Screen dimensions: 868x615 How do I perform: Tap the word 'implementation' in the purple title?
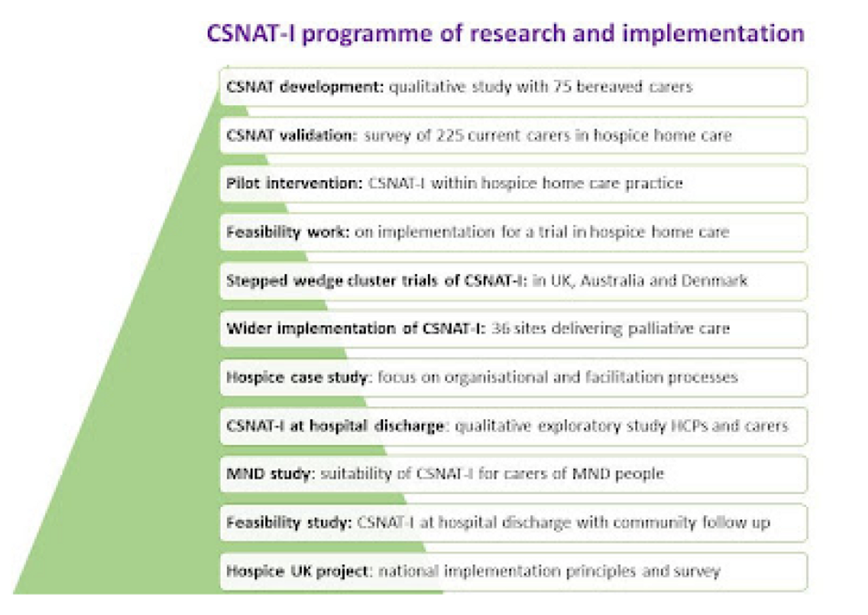coord(713,34)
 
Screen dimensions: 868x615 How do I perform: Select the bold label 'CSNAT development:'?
coord(304,87)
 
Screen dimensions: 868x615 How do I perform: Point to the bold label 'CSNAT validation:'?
coord(291,135)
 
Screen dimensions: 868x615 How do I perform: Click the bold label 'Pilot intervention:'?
coord(294,183)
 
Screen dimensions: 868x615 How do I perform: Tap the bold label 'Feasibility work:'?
coord(288,232)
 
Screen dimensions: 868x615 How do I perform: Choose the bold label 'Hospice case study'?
coord(296,378)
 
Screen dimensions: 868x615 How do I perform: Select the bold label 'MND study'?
coord(268,474)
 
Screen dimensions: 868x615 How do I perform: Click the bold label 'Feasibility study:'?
coord(289,522)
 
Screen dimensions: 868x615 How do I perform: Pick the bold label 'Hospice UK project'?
coord(297,571)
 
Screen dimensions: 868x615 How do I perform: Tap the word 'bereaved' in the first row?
coord(610,87)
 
